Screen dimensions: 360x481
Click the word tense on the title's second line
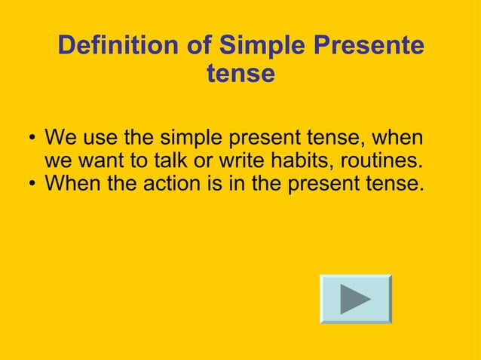(240, 75)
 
